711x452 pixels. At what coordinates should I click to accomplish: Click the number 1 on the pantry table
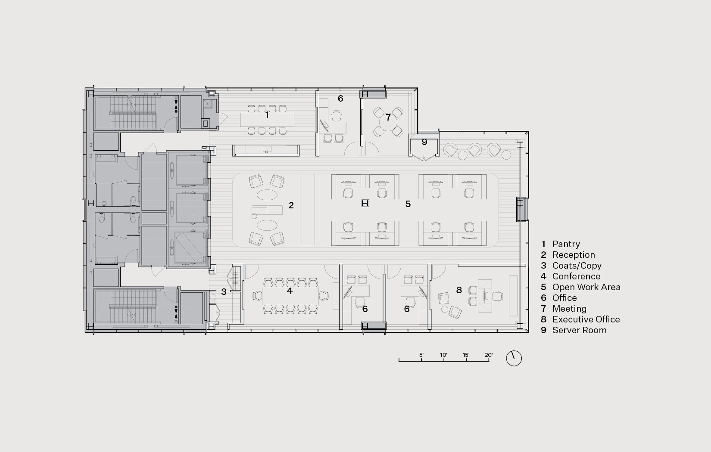coord(267,115)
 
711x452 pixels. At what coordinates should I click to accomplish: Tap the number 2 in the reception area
coord(291,205)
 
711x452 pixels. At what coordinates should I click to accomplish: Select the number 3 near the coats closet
coord(224,292)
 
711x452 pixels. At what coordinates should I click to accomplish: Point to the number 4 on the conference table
coord(290,291)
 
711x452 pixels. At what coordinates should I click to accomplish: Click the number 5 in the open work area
coord(408,204)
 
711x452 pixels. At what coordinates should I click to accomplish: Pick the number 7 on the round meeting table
coord(388,118)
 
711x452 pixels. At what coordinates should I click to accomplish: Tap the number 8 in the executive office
coord(459,290)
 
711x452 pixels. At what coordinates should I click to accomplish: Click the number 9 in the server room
coord(424,142)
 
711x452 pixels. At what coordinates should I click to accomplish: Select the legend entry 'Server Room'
coord(579,330)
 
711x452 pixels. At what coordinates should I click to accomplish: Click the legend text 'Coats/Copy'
coord(577,266)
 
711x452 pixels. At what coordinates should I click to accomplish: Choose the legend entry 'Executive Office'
coord(586,319)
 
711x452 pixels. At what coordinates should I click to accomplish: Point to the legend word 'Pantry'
coord(566,244)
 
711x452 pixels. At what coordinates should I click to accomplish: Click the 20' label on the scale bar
coord(489,355)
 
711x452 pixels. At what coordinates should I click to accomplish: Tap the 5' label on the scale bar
coord(421,355)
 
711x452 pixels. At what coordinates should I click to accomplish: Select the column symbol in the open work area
coord(365,203)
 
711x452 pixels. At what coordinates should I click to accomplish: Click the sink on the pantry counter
coord(267,149)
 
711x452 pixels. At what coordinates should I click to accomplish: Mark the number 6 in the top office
coord(340,99)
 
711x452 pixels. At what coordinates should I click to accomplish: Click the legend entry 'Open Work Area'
coord(586,287)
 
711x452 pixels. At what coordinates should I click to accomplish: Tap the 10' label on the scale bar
coord(443,355)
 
